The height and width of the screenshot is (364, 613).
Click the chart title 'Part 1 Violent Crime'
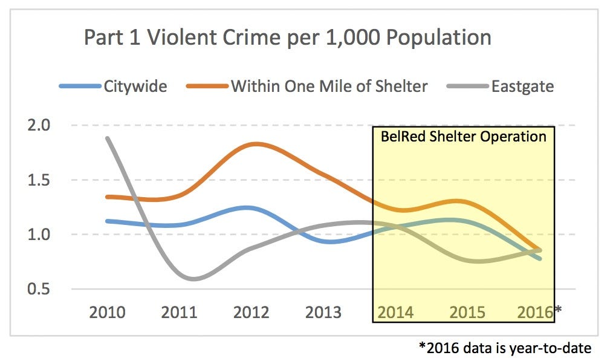pyautogui.click(x=287, y=37)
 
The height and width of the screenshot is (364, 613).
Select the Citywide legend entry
pyautogui.click(x=135, y=86)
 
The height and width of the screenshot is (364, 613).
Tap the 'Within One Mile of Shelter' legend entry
pyautogui.click(x=329, y=86)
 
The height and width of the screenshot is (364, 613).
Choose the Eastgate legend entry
pyautogui.click(x=522, y=86)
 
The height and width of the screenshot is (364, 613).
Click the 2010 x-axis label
pyautogui.click(x=108, y=312)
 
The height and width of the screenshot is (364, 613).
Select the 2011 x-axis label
pyautogui.click(x=180, y=312)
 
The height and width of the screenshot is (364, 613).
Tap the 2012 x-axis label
pyautogui.click(x=251, y=312)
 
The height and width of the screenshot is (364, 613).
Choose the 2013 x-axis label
pyautogui.click(x=323, y=312)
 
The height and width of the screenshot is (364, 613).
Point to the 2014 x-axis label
pyautogui.click(x=395, y=312)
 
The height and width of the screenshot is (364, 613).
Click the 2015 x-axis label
pyautogui.click(x=467, y=312)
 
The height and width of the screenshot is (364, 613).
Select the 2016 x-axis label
pyautogui.click(x=536, y=312)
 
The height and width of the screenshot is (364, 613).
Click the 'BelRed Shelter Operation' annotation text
pyautogui.click(x=463, y=136)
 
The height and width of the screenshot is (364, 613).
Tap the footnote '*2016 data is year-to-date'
pyautogui.click(x=505, y=348)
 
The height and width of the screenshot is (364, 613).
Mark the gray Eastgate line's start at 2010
pyautogui.click(x=108, y=138)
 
